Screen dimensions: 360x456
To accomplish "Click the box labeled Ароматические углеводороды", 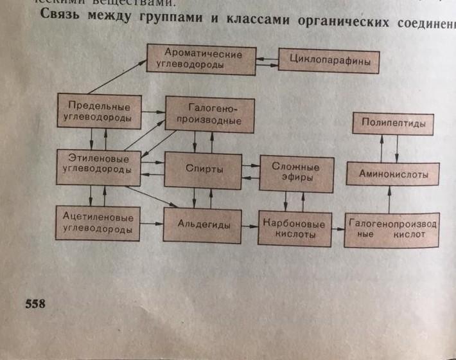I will pos(200,59).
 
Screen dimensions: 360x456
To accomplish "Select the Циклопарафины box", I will pos(328,62).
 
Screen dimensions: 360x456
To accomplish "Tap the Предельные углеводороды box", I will pos(98,112).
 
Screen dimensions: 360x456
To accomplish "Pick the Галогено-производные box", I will pos(209,114).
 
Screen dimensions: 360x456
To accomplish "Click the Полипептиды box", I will pos(393,123).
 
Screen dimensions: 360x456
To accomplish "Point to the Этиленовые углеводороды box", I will pos(98,165).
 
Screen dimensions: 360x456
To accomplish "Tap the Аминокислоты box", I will pos(394,174).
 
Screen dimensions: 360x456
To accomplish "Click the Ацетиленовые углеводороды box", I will pos(98,222).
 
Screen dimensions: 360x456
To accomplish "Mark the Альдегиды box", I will pos(204,224).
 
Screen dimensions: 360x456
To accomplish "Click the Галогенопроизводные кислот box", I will pos(392,230).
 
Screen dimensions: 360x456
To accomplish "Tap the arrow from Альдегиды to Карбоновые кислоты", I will pos(250,226).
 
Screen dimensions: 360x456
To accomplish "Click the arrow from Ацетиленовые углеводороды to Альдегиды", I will pos(152,224).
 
